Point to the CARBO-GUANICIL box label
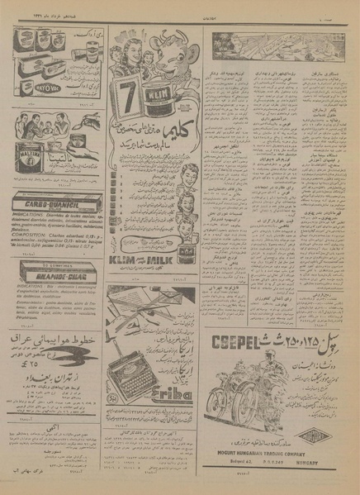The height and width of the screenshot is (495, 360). point(56,198)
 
